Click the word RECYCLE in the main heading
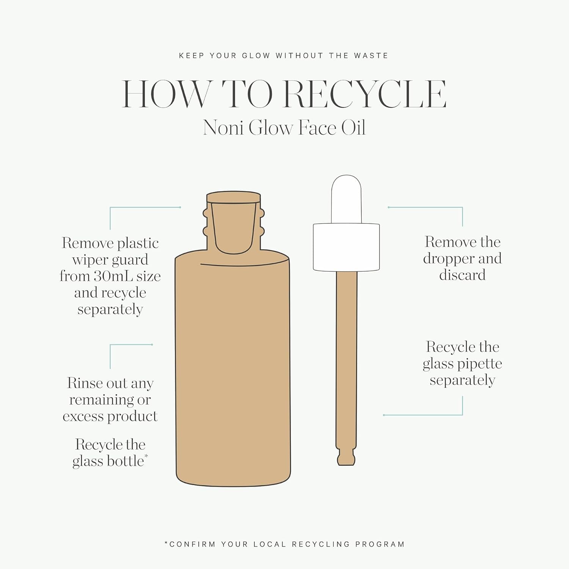tap(365, 94)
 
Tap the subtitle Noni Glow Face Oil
tap(284, 127)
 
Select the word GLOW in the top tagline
tap(256, 56)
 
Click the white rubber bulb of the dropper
tap(346, 199)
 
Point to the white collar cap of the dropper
tap(346, 247)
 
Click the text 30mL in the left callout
tap(113, 276)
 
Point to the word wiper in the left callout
tap(90, 260)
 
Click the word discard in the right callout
tap(462, 275)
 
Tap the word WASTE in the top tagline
tap(371, 56)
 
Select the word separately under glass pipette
tap(462, 380)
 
